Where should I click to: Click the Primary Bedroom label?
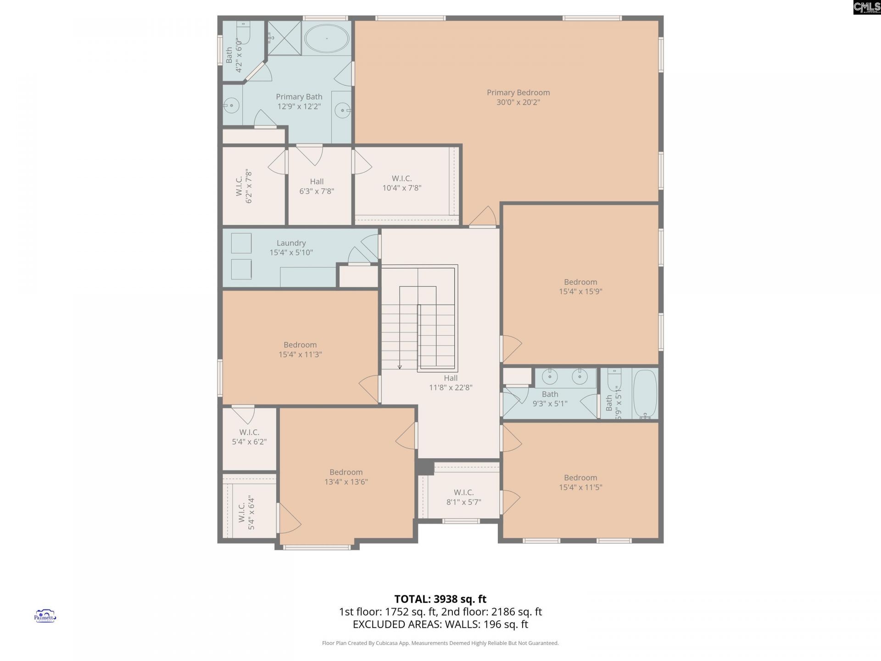(x=518, y=93)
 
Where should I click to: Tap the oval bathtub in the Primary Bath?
(x=327, y=38)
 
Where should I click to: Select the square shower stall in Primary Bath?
(x=284, y=38)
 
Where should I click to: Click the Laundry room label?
(x=291, y=243)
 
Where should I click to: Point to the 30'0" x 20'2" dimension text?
(x=518, y=102)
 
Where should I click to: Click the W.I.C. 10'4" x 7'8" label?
(x=401, y=183)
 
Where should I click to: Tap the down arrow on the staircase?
(x=400, y=366)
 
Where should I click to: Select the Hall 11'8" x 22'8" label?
(x=451, y=383)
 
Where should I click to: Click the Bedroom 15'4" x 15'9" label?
(x=580, y=286)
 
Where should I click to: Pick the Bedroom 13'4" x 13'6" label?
(x=346, y=477)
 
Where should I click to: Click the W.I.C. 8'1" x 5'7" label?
(x=463, y=497)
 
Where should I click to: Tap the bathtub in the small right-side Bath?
(x=645, y=393)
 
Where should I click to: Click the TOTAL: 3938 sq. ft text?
(x=440, y=599)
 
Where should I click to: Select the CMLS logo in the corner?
(x=867, y=7)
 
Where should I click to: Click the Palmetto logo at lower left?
(x=45, y=616)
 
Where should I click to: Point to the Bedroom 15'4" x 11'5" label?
(x=580, y=482)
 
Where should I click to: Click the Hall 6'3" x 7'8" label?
(x=317, y=186)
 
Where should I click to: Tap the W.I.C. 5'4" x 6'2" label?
(x=249, y=437)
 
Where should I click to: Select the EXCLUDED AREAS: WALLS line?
(x=440, y=624)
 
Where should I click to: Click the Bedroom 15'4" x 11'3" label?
(x=300, y=349)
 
